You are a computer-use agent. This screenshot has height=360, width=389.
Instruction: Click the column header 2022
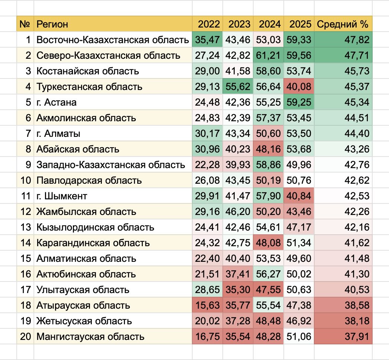tap(209, 25)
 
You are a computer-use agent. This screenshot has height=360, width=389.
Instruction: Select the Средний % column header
tap(343, 25)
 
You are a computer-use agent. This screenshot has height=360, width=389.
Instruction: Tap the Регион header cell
tap(52, 25)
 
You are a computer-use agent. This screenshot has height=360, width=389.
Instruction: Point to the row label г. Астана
tap(57, 103)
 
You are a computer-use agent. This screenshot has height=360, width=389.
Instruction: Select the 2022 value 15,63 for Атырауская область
tap(209, 306)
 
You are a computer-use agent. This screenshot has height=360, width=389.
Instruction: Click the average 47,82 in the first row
tap(357, 40)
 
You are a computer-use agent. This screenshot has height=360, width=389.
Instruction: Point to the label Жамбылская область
tap(86, 212)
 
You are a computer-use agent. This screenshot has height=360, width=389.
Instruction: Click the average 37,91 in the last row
tap(357, 337)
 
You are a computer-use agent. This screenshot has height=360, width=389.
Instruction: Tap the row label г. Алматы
tap(58, 134)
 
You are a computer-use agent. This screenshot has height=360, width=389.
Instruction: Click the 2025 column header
tap(299, 25)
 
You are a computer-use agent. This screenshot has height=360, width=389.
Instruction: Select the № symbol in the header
tap(25, 25)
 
